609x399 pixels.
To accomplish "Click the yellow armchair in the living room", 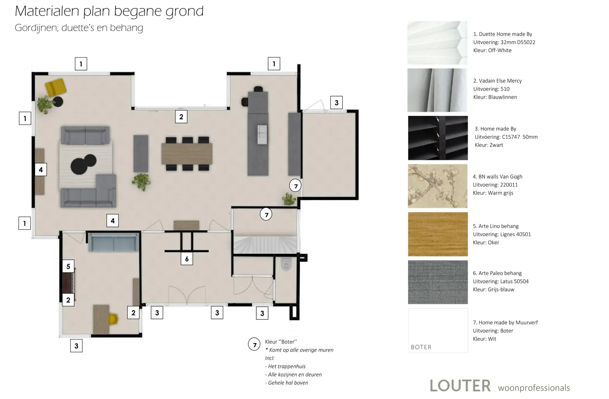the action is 55,87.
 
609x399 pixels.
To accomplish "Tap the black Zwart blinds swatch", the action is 438,138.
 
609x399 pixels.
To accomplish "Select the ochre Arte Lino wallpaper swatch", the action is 438,234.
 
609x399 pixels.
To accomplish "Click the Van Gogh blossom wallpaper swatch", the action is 438,186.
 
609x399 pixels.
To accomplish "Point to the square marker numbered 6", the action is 187,259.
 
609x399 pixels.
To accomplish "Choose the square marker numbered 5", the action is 68,266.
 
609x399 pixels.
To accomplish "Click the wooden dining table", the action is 187,154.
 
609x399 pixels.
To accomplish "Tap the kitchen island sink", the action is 262,135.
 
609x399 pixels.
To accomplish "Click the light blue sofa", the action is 113,242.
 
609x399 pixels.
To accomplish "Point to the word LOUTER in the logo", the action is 460,386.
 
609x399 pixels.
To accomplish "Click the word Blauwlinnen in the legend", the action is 502,97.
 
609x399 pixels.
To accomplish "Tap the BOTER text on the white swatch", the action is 421,347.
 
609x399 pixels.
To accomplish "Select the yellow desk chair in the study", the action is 113,319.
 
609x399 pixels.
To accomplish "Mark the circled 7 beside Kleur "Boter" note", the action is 254,344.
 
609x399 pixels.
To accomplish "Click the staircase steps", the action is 265,245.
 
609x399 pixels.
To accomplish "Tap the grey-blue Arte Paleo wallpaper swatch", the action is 438,282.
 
